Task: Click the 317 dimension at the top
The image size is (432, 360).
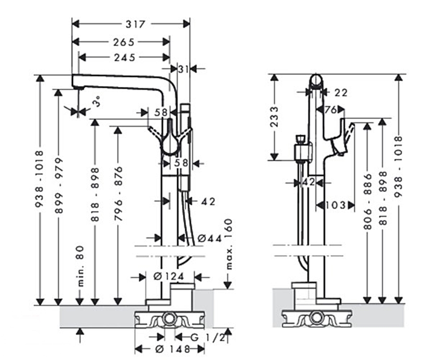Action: point(135,24)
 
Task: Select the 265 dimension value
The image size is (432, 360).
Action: point(124,42)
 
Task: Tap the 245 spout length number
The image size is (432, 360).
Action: point(125,58)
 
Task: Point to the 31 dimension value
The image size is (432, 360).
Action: point(183,69)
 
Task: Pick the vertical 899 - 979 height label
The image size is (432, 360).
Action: point(59,185)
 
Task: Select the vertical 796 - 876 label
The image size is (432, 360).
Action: point(118,193)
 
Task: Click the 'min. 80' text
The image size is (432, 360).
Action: point(80,266)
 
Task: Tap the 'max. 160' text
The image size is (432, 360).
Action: point(228,244)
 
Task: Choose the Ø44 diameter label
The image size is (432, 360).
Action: point(210,238)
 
